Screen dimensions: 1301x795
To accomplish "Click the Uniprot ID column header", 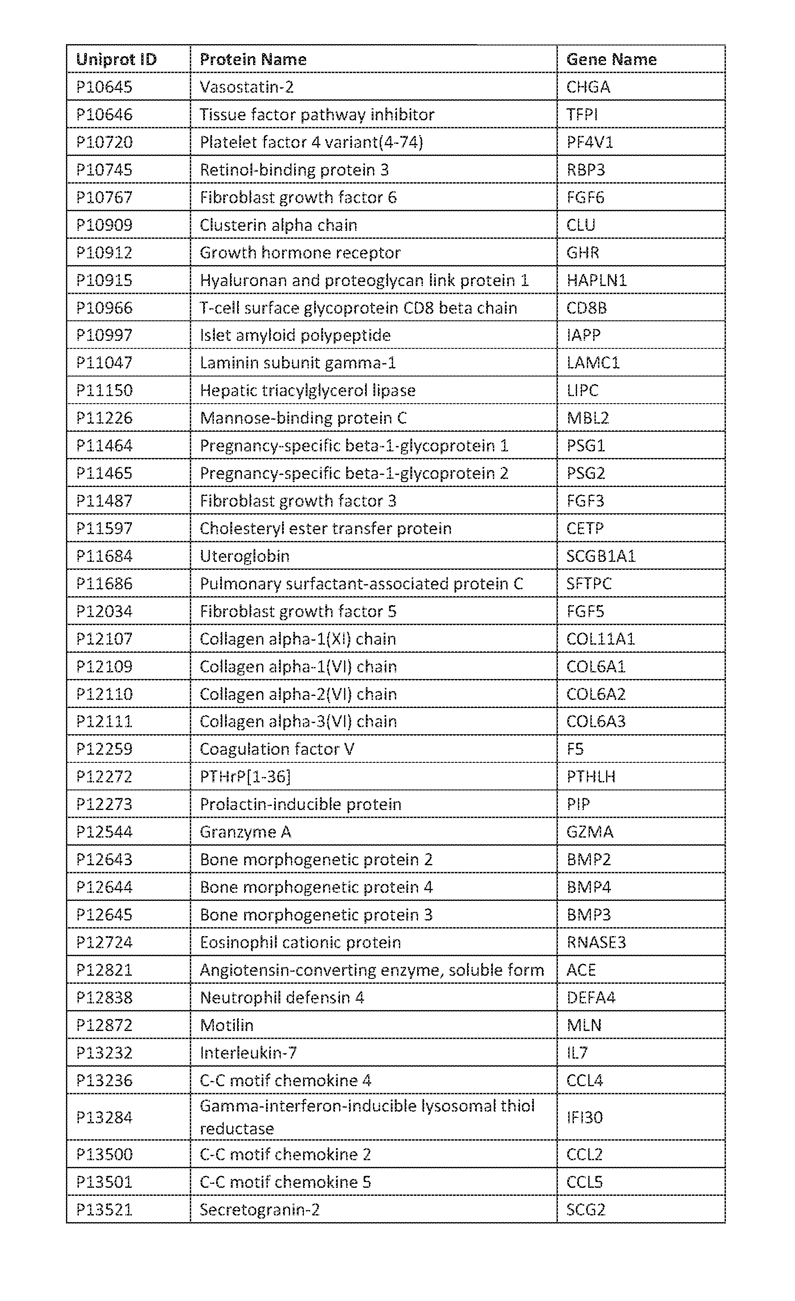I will click(116, 59).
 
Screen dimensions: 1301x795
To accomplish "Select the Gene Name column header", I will click(611, 59).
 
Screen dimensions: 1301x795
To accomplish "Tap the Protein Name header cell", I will click(253, 59).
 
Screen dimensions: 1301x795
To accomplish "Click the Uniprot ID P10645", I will click(104, 86).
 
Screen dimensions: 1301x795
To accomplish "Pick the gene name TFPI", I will click(582, 115).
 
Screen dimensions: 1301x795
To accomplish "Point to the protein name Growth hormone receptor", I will click(299, 252).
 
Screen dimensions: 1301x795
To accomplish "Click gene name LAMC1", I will click(593, 363).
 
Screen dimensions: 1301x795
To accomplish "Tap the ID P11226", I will click(104, 418).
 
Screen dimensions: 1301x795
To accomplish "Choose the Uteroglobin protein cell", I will click(245, 556).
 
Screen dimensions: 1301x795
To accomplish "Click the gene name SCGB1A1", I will click(601, 556).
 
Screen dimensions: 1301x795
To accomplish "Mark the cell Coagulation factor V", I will click(277, 749).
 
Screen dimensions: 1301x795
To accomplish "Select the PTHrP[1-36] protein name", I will click(245, 777).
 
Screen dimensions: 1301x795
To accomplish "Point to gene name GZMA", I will click(590, 832).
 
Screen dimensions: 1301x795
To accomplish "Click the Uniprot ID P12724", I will click(104, 942).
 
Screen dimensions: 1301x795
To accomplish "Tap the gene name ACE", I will click(581, 970).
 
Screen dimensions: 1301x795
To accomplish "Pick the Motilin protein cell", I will click(227, 1025).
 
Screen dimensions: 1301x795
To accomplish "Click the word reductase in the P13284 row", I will click(237, 1129).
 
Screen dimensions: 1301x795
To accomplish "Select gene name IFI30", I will click(584, 1117).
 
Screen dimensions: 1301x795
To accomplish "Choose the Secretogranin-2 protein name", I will click(259, 1210).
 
